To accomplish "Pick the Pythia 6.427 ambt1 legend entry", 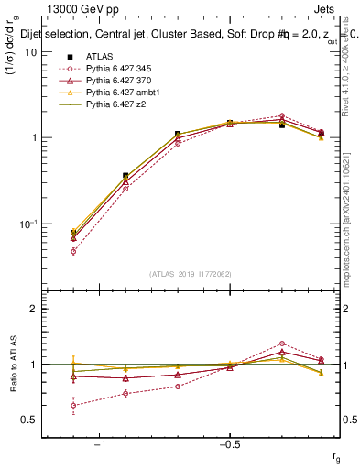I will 118,93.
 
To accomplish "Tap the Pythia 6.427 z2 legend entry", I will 114,105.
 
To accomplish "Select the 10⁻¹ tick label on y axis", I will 28,224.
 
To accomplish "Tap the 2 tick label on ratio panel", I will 35,309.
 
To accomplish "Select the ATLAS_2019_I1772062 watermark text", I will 177,273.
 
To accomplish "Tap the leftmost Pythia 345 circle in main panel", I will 73,251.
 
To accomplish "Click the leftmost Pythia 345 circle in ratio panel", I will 73,405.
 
